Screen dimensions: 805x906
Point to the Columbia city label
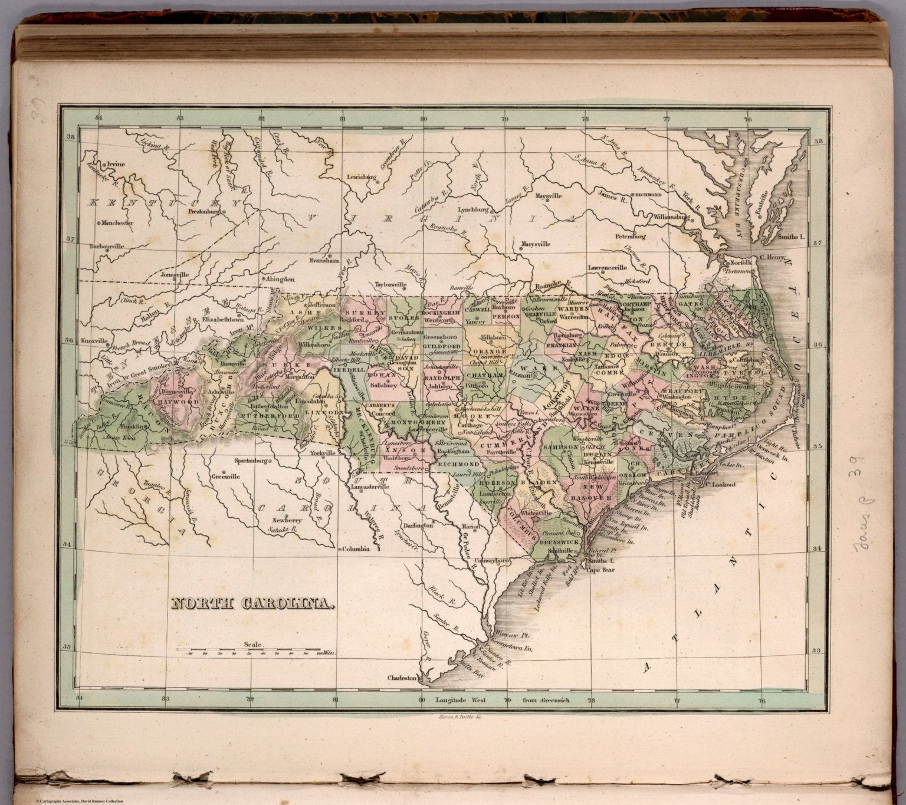click(356, 548)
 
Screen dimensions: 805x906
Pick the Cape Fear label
click(600, 570)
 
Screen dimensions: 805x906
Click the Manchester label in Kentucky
click(117, 223)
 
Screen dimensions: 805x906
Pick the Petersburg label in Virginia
click(631, 236)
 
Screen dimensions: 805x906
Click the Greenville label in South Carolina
click(226, 476)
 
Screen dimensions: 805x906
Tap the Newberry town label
click(287, 520)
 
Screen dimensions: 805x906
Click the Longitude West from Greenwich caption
click(503, 700)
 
